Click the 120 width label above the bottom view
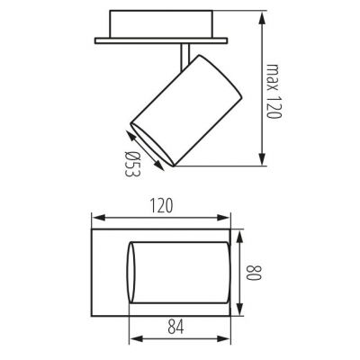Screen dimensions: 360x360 162,206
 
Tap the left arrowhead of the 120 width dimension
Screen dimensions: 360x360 96,217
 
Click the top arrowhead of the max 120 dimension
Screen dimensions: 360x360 262,15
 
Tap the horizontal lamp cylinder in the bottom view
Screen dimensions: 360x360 180,272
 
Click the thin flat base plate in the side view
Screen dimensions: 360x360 162,40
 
